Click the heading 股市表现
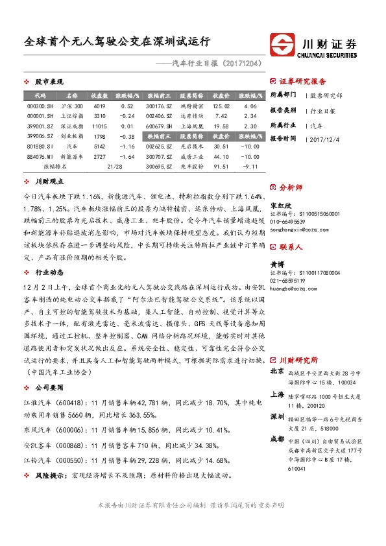pos(49,82)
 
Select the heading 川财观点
pos(49,182)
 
